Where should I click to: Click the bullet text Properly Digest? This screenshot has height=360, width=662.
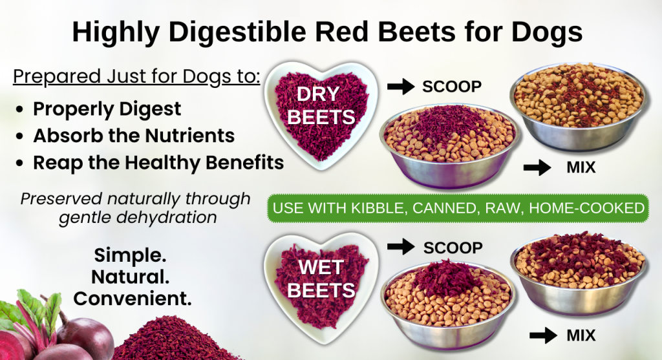107,109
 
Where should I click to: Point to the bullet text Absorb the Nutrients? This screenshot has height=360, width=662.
134,136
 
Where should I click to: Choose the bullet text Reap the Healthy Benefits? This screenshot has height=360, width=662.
158,162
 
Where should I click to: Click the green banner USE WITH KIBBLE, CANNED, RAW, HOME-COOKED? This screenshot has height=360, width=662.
458,208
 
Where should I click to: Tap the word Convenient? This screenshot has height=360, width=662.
133,299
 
